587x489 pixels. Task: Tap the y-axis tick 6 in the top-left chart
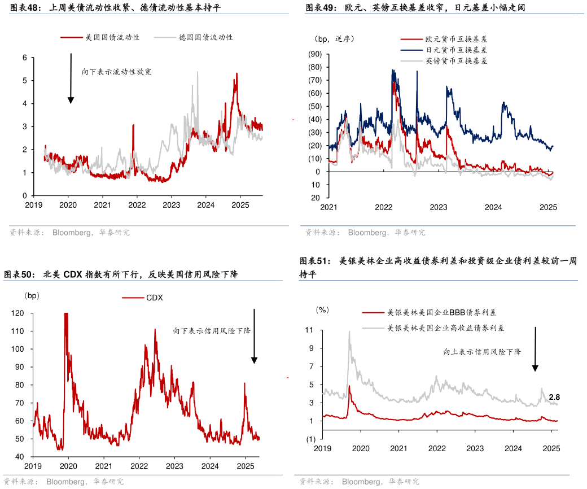[x=25, y=58]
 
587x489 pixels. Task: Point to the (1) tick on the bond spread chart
[x=310, y=439]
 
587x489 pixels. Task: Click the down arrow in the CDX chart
[x=255, y=336]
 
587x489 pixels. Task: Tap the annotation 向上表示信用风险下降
[x=481, y=352]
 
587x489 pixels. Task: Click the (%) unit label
[x=322, y=309]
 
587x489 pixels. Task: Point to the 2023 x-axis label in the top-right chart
[x=439, y=207]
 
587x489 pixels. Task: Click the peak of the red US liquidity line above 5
[x=236, y=74]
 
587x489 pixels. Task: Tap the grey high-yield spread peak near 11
[x=349, y=332]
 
